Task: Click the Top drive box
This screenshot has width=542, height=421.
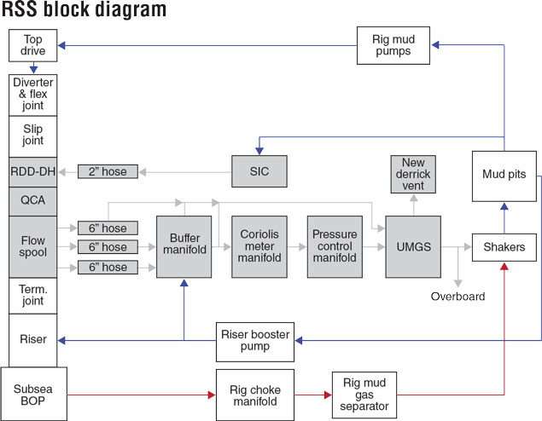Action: (x=32, y=45)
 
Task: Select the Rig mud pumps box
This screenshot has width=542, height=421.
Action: (x=393, y=45)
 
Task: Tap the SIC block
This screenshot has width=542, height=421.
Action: (x=259, y=171)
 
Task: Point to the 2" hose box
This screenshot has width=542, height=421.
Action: (x=108, y=171)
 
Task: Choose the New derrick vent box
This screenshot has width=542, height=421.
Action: (x=413, y=174)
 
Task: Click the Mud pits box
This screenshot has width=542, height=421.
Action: (x=504, y=176)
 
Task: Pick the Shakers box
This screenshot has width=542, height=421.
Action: (x=504, y=247)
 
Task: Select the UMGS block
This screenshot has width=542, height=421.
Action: (x=413, y=247)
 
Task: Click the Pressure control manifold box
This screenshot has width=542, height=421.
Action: (x=335, y=247)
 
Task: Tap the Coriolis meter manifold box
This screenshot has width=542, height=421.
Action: (x=259, y=247)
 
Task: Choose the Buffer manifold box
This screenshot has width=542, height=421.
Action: (x=184, y=247)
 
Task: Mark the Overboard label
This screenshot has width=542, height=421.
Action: (x=458, y=297)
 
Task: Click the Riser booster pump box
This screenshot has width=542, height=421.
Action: (x=255, y=342)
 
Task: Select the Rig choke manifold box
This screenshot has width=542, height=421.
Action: (x=255, y=395)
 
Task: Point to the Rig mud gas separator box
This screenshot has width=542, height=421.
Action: (x=364, y=395)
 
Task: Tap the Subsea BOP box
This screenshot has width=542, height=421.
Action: (x=33, y=394)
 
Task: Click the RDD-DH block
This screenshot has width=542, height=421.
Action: (x=32, y=172)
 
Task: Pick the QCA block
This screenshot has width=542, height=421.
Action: (x=32, y=201)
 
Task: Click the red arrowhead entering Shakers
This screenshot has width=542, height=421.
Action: (x=504, y=266)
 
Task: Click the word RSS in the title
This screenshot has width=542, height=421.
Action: (x=19, y=9)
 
